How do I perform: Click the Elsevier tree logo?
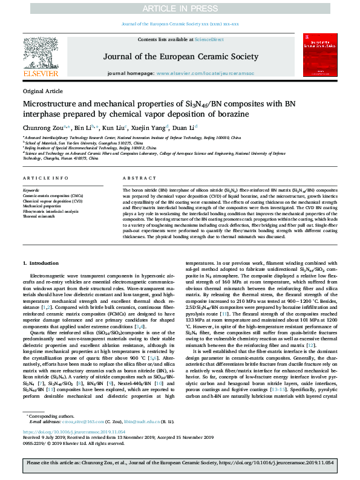coord(41,54)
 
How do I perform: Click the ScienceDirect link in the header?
coord(209,39)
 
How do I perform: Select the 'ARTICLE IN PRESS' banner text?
coord(180,8)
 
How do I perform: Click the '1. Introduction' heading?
coord(41,264)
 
